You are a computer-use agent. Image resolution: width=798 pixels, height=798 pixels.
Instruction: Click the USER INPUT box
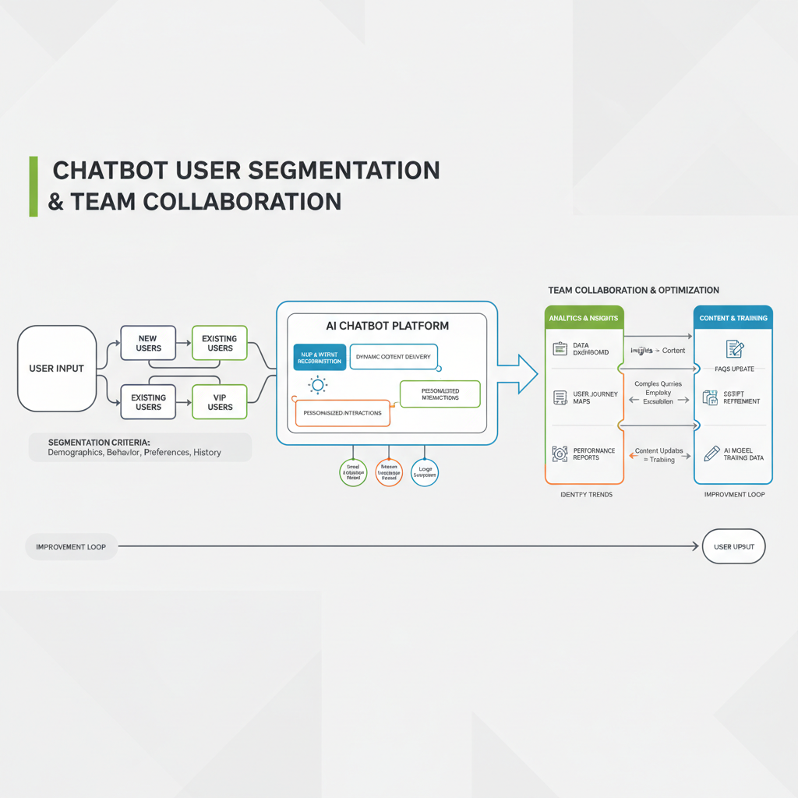56,368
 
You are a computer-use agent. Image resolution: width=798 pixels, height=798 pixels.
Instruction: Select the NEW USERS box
147,344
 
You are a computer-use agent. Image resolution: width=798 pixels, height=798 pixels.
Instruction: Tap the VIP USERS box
220,402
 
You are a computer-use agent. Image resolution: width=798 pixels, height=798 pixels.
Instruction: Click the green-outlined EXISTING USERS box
220,344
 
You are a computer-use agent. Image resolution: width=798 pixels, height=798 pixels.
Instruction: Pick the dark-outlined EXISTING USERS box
147,402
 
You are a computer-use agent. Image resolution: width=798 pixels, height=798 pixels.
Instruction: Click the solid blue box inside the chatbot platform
320,358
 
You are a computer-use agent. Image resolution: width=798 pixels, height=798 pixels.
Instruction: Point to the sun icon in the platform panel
317,384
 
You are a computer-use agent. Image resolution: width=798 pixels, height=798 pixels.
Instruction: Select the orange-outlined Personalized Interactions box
343,413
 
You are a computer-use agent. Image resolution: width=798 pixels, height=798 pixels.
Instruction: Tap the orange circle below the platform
388,472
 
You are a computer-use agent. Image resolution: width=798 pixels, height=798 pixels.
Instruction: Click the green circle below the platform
353,472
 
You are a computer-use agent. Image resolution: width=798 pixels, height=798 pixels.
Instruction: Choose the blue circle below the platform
424,472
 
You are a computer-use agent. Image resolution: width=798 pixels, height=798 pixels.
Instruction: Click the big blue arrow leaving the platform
517,373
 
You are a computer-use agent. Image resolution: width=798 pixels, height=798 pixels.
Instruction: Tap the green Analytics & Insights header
584,318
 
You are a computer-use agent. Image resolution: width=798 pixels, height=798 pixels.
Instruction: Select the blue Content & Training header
733,318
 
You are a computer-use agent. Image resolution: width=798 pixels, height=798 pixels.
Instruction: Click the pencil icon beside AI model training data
711,454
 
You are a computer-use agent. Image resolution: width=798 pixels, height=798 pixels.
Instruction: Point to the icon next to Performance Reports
560,454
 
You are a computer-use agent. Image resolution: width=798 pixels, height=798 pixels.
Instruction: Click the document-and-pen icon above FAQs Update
734,348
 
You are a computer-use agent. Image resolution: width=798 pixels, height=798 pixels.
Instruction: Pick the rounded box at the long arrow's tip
733,547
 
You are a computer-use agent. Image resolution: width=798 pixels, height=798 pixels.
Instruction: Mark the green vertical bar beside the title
34,185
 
